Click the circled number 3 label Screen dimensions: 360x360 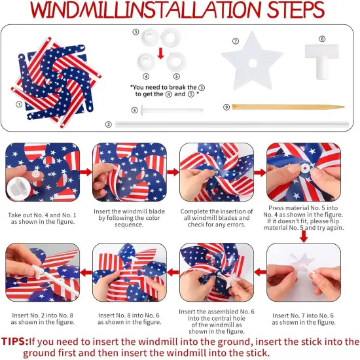click(135, 31)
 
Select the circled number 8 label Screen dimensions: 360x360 click(322, 39)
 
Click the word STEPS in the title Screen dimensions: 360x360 click(286, 10)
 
